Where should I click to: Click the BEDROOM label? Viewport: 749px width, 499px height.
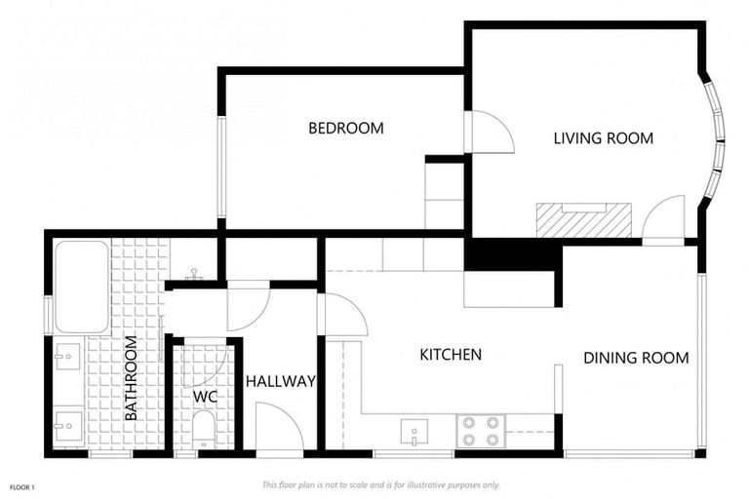(345, 128)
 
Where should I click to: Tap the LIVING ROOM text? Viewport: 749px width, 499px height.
(603, 138)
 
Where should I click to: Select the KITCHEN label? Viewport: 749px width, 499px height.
(451, 354)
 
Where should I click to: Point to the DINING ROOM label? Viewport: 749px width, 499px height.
(636, 358)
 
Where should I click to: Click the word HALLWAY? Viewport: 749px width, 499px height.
(280, 381)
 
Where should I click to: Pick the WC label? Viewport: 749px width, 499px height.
(205, 398)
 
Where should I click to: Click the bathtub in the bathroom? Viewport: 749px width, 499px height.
(81, 287)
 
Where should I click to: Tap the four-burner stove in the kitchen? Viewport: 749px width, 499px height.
(480, 431)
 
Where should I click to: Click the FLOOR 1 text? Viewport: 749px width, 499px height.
(22, 485)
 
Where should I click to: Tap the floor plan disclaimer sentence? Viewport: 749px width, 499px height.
(380, 484)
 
